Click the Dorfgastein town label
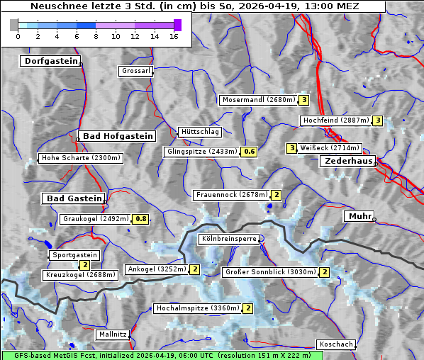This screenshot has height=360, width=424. [50, 62]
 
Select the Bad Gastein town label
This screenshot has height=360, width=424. [74, 198]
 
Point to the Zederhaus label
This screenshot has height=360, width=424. [348, 162]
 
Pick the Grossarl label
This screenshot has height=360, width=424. [135, 71]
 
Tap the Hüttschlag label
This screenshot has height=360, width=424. [200, 132]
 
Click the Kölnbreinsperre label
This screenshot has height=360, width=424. [229, 240]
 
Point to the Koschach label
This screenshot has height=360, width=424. [336, 344]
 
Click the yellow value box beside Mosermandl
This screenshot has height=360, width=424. [303, 100]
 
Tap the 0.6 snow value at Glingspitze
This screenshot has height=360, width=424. [249, 152]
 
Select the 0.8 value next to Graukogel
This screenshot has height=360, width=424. [141, 219]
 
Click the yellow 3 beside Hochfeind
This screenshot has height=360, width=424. [378, 120]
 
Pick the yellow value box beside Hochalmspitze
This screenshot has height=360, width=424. [248, 308]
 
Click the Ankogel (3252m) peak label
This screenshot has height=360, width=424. [157, 269]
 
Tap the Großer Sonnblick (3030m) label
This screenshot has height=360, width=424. [269, 272]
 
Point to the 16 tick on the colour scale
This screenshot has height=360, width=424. [174, 35]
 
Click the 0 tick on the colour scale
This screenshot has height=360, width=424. [18, 35]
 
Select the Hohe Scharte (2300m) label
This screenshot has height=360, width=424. [81, 158]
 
